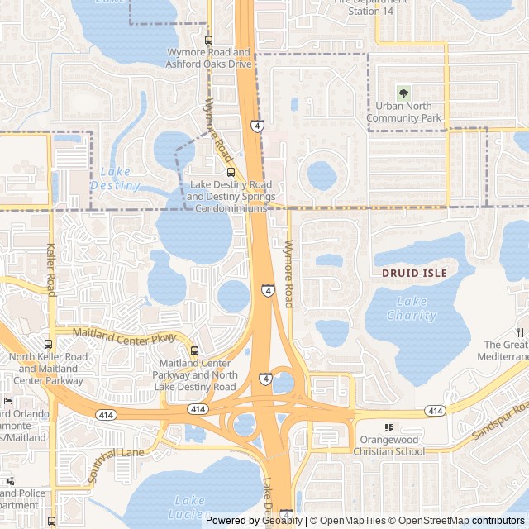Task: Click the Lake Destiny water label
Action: [x=115, y=179]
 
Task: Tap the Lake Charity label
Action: [x=411, y=308]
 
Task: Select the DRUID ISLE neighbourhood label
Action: [x=414, y=273]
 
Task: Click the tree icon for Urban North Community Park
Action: [x=403, y=93]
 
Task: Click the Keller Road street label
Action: [x=51, y=269]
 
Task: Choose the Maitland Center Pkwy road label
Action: [x=113, y=336]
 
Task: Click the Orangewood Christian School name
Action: [x=389, y=446]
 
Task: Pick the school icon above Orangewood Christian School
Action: [x=389, y=427]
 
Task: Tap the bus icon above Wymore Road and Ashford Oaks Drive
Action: [x=207, y=40]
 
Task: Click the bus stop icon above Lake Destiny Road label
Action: [x=230, y=173]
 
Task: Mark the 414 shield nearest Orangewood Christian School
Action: [x=435, y=411]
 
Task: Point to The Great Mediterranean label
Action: [x=505, y=350]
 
